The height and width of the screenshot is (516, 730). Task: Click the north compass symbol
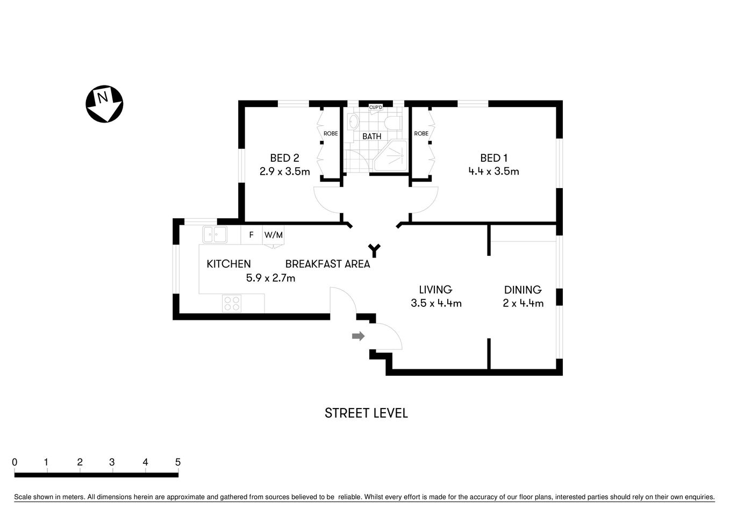tap(104, 104)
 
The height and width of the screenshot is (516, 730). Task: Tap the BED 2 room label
tap(284, 158)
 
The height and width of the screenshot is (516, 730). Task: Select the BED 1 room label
tap(493, 158)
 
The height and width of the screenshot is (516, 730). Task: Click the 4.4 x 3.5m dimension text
tap(493, 171)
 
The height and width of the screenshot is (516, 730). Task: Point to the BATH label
tap(371, 137)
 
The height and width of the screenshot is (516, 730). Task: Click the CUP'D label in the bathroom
tap(375, 107)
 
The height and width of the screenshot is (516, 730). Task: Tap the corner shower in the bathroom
tap(392, 156)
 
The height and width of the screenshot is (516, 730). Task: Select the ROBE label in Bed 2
tap(331, 133)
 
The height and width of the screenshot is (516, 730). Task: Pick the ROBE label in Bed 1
tap(421, 133)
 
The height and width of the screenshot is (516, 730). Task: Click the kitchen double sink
tap(214, 234)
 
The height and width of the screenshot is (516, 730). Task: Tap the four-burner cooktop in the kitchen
tap(232, 304)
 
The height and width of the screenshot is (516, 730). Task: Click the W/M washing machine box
tap(273, 235)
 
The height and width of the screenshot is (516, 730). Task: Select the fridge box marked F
tap(251, 235)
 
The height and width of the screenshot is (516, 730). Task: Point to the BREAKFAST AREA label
tap(327, 264)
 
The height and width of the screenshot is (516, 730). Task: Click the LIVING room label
tap(435, 290)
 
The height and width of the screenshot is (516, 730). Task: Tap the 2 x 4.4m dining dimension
tap(523, 303)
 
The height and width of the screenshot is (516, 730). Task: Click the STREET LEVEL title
tap(366, 413)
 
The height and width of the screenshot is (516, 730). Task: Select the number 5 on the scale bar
tap(178, 462)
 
